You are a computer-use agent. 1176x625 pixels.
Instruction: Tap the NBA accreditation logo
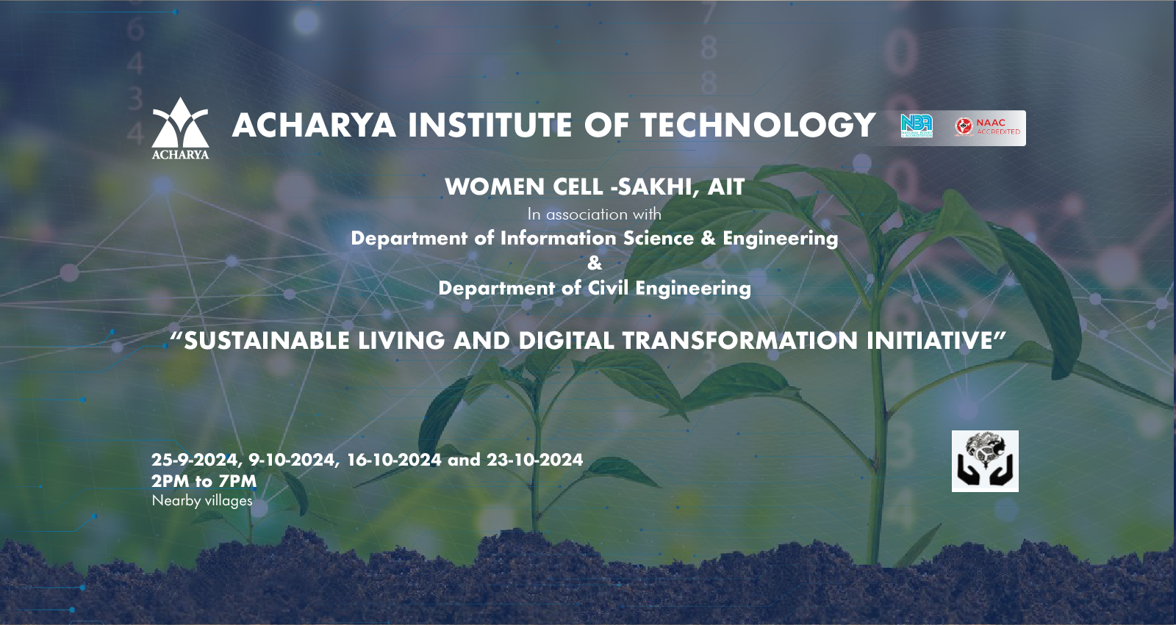(917, 126)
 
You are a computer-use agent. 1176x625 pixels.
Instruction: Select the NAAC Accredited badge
(988, 128)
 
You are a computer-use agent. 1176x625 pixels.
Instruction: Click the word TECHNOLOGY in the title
(758, 125)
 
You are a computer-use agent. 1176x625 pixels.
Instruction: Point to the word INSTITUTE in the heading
(490, 125)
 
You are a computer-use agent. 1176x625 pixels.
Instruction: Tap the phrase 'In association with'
(595, 214)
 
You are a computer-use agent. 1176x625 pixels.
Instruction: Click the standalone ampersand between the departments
(595, 263)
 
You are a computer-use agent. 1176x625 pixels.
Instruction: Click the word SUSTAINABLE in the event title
(267, 341)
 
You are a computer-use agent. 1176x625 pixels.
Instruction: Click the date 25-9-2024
(195, 460)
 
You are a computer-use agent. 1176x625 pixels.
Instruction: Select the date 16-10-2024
(394, 460)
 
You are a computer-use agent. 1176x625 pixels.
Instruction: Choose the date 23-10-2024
(534, 460)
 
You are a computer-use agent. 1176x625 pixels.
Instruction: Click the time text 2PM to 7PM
(204, 481)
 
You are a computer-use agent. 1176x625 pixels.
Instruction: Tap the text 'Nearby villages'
(202, 501)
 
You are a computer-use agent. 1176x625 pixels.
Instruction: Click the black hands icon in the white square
(985, 461)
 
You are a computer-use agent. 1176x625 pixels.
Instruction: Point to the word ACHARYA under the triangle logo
(180, 154)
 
